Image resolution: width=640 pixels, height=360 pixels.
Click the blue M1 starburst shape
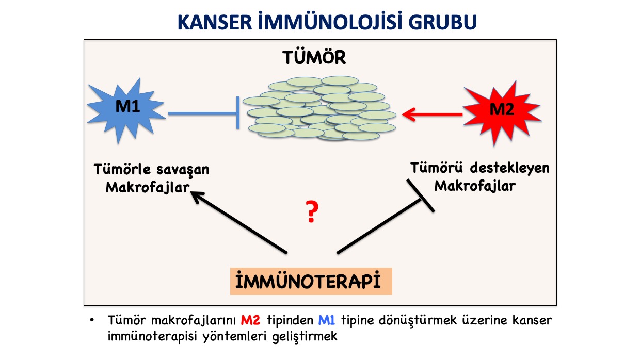126,110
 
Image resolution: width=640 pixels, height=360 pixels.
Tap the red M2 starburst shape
502,112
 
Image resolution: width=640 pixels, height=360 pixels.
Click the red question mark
312,211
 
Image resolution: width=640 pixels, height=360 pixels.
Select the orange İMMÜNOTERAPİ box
311,281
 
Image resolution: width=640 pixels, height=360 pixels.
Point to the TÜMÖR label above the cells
314,57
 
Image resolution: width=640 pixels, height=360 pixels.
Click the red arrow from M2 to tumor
432,114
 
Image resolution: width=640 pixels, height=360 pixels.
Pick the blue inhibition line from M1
204,113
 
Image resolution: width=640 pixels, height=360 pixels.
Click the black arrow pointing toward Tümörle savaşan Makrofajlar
238,222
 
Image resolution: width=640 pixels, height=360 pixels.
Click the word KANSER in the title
215,22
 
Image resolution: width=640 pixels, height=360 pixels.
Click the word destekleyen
510,168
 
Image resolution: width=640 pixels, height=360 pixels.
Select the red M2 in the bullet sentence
250,320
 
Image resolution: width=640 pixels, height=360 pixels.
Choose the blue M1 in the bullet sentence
327,320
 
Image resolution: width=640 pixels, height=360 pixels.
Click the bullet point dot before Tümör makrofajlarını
92,320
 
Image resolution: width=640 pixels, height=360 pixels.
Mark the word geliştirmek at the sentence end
305,337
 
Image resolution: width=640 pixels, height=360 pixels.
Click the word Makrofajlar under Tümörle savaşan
148,188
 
